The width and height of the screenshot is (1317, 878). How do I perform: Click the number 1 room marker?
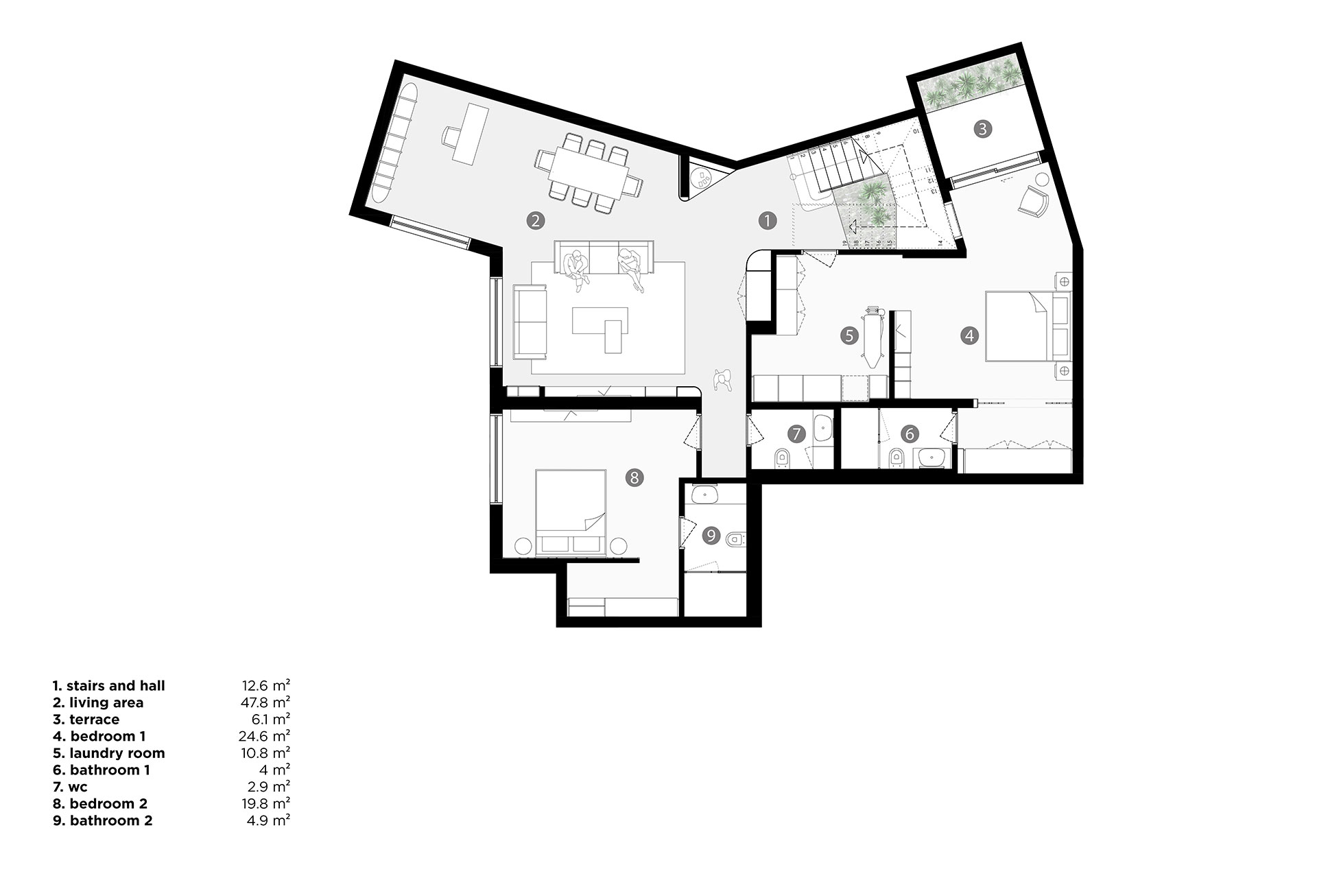(767, 220)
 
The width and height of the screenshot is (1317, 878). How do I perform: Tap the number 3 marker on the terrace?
(982, 129)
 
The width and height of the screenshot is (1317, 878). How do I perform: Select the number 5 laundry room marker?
(849, 335)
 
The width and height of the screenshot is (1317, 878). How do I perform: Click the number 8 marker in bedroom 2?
(634, 477)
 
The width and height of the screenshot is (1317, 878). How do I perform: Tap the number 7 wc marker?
(796, 434)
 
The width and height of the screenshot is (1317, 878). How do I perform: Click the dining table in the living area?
(588, 174)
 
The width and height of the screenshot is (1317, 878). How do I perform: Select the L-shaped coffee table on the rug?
(602, 329)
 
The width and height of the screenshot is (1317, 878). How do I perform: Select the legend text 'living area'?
(106, 702)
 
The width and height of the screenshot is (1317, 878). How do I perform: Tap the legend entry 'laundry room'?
(117, 753)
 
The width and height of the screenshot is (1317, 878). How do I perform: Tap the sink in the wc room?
(822, 429)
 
